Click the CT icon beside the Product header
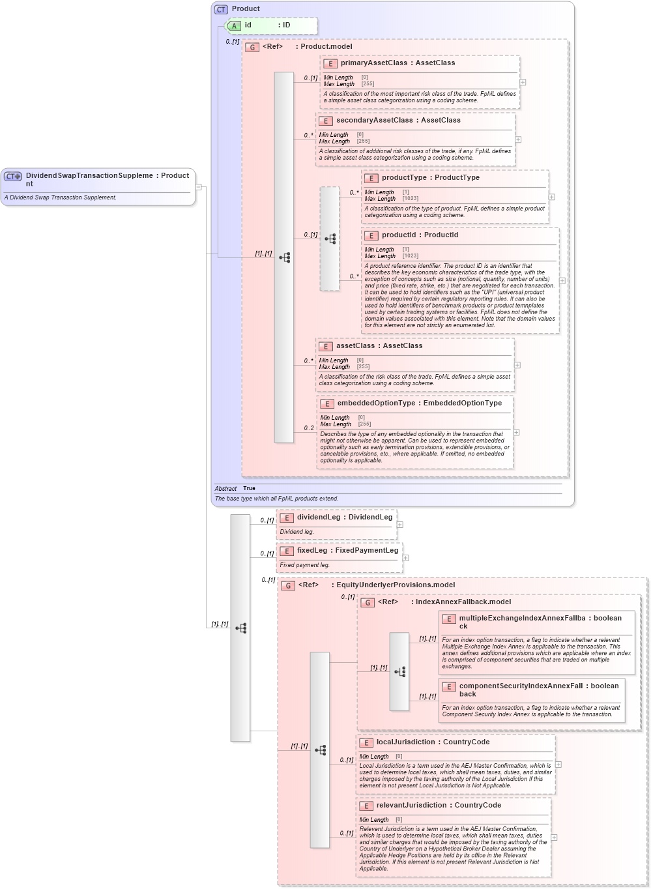point(221,9)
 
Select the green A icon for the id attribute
point(234,25)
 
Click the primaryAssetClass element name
point(373,63)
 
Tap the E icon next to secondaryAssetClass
point(325,121)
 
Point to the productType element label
point(407,178)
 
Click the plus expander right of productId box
point(562,281)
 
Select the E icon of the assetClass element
point(325,346)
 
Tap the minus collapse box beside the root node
point(199,187)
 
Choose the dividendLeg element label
point(319,517)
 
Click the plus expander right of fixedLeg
point(406,558)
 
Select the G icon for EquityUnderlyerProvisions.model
point(287,585)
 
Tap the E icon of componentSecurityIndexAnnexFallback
point(448,686)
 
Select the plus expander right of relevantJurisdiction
point(555,838)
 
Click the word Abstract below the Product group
point(225,489)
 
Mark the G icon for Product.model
point(252,47)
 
